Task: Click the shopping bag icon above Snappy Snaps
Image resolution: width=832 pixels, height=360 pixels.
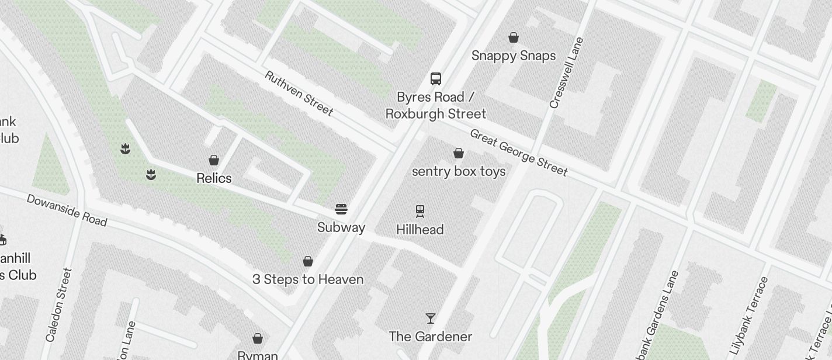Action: click(x=514, y=38)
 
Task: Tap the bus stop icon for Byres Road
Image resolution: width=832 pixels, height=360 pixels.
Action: click(x=435, y=79)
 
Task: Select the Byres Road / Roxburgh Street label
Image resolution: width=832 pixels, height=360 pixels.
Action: click(x=435, y=105)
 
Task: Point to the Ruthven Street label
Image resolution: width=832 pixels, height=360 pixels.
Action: click(x=299, y=94)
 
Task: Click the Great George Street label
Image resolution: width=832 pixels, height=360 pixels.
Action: click(x=518, y=153)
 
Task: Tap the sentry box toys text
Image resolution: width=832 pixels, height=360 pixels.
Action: click(x=459, y=171)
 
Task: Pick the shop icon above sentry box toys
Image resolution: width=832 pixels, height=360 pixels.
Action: click(x=459, y=153)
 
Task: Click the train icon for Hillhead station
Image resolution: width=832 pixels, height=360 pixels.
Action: click(x=420, y=211)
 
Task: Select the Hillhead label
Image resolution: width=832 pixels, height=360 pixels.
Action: click(x=420, y=230)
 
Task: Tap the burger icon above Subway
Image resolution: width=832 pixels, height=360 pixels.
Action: click(x=341, y=209)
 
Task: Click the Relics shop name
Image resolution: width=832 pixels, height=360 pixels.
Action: click(x=214, y=178)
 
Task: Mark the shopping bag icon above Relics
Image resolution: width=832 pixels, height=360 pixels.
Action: click(x=214, y=160)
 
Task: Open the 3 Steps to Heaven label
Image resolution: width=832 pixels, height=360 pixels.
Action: click(x=308, y=279)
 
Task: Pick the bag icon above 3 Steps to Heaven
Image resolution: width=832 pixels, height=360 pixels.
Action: click(x=308, y=261)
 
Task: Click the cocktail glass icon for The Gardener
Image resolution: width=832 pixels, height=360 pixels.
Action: click(x=431, y=319)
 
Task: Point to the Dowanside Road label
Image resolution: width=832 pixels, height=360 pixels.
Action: click(x=67, y=210)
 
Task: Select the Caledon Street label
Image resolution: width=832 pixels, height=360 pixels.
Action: click(x=58, y=305)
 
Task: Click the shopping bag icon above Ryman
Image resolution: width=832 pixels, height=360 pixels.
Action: click(x=258, y=338)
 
